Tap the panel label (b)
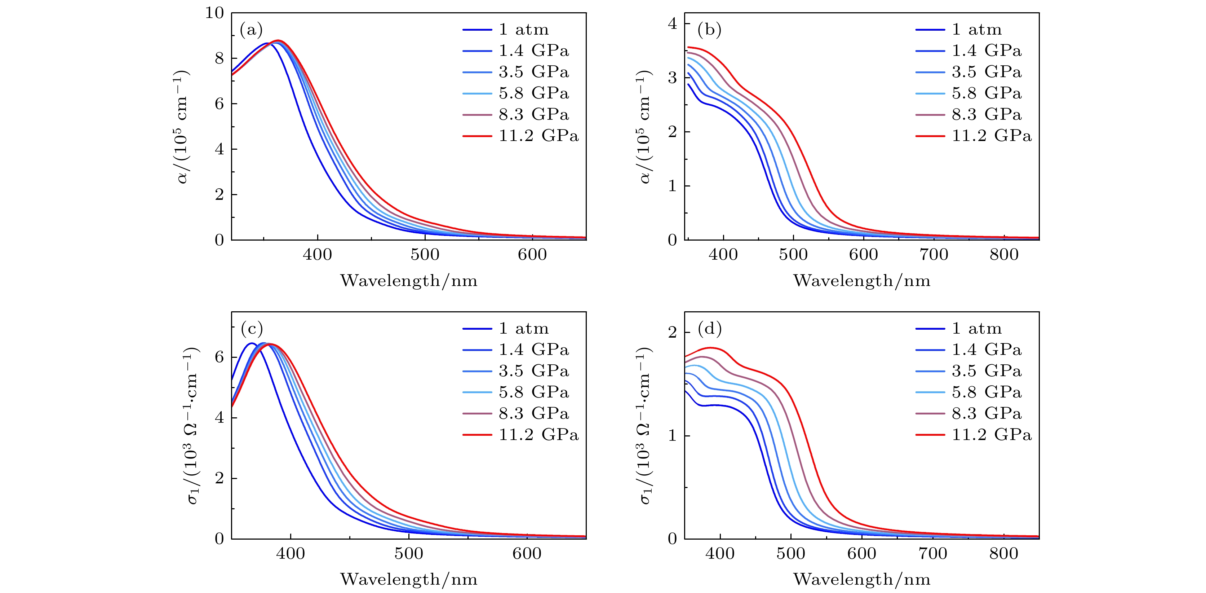(709, 30)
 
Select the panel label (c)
(252, 329)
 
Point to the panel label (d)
(710, 329)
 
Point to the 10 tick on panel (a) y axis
(215, 13)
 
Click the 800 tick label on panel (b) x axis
(1004, 255)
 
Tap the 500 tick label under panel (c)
(409, 554)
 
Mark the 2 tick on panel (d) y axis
(673, 333)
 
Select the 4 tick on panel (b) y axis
(673, 23)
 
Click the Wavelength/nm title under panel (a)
(409, 281)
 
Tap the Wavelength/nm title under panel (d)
(862, 579)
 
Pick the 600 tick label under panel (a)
(532, 255)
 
